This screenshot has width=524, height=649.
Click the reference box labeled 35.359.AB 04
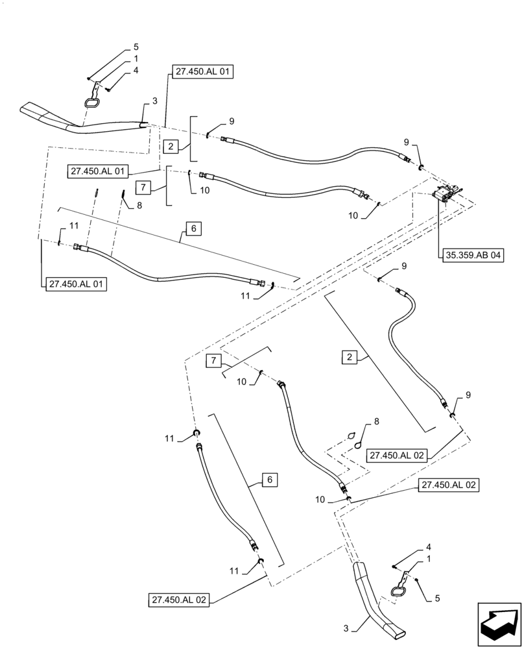[473, 255]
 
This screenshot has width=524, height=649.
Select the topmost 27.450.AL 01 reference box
[202, 72]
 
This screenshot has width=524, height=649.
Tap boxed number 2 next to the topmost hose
[171, 146]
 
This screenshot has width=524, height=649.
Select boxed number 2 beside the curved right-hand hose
[350, 356]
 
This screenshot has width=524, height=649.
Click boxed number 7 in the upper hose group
[145, 187]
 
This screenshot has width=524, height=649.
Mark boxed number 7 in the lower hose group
[214, 361]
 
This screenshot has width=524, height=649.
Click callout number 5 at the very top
[136, 47]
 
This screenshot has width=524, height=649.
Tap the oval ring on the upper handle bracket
[91, 103]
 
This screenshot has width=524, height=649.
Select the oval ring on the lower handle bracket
[396, 591]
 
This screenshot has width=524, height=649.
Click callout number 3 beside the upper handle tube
[154, 101]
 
